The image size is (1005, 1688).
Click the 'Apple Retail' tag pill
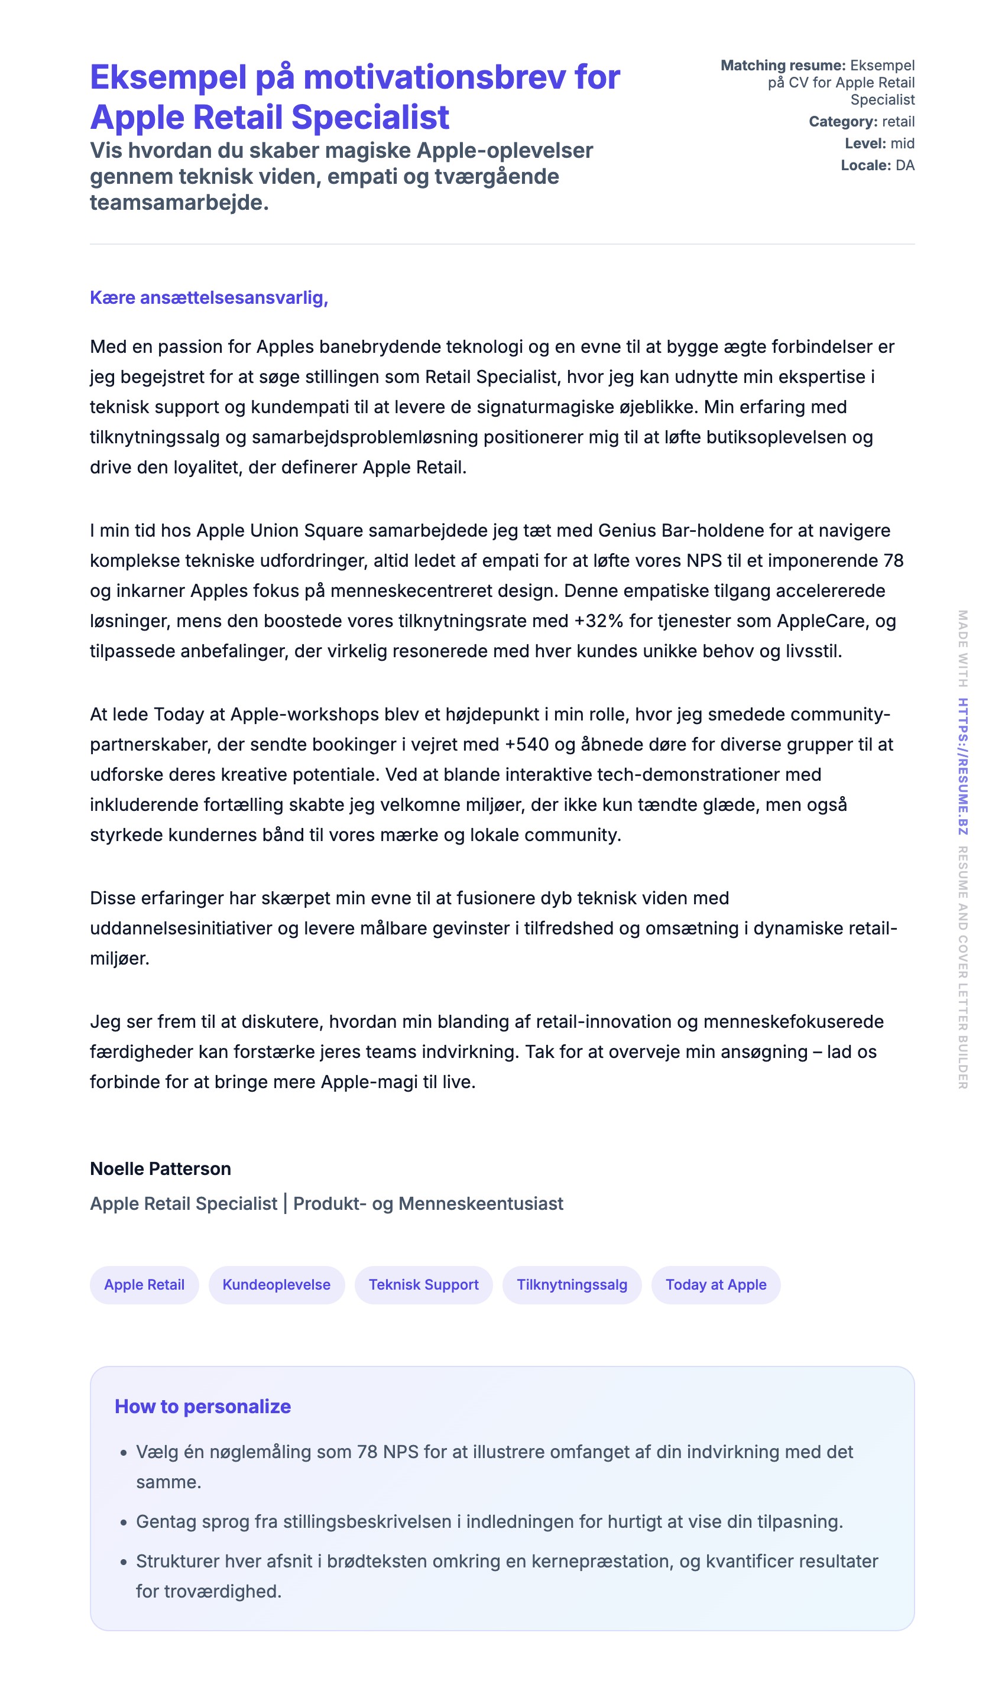coord(144,1284)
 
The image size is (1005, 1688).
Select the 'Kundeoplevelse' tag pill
coord(276,1284)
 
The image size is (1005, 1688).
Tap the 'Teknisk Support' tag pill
coord(423,1284)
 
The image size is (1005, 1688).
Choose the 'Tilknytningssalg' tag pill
coord(572,1284)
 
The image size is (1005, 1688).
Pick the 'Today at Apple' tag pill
coord(716,1284)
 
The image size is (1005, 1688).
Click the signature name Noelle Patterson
coord(160,1168)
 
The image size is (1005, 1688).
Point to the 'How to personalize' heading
coord(203,1406)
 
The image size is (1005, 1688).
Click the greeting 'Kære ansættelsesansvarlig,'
coord(209,298)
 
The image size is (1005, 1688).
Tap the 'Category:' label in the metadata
coord(842,122)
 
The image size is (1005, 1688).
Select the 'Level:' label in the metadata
coord(865,144)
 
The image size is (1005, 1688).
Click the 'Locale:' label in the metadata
coord(865,165)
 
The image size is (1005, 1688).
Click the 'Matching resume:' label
coord(783,66)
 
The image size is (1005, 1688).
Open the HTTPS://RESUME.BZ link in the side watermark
coord(962,767)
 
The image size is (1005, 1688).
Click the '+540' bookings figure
coord(527,745)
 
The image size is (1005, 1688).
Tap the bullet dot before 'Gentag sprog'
coord(123,1523)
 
